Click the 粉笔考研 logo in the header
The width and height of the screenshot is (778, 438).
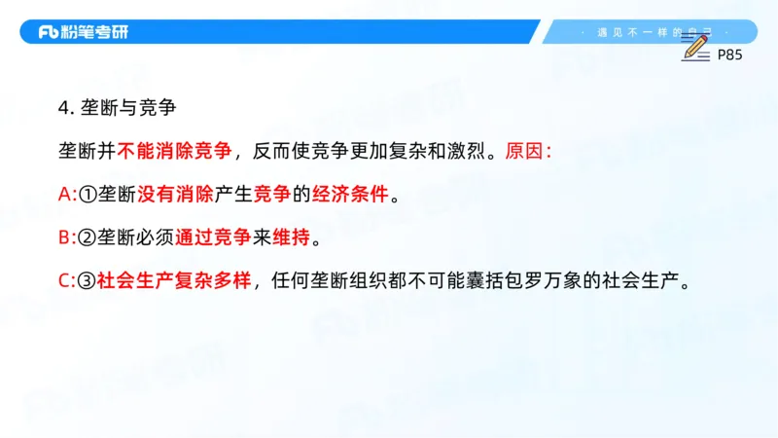[x=83, y=32]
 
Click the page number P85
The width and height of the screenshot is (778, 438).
[x=729, y=55]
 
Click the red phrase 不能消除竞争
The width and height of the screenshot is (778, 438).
[x=175, y=151]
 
